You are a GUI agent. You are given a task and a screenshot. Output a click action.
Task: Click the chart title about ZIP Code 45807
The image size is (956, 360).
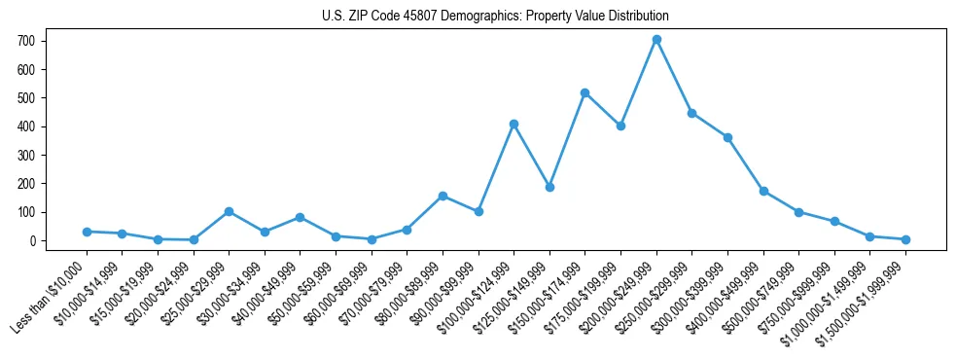pos(495,17)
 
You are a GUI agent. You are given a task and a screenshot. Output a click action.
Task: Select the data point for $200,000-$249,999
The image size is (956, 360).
pos(656,40)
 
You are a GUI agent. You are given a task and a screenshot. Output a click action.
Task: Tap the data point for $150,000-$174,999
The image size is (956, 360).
pos(584,92)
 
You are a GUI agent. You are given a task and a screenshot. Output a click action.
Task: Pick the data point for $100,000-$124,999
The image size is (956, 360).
pos(513,124)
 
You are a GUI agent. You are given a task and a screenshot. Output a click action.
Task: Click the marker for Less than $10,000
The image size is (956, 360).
pos(87,232)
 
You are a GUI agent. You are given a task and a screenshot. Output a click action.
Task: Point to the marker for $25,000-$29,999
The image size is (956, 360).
pos(229,211)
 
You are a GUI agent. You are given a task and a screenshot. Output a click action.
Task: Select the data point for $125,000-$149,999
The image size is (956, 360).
pos(549,187)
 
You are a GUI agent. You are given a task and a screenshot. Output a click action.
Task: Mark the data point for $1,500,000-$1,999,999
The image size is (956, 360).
pos(905,239)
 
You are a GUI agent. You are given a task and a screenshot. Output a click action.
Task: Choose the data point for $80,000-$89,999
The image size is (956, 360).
pos(443,196)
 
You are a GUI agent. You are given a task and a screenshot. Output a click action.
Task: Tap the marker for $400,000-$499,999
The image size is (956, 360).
pos(763,191)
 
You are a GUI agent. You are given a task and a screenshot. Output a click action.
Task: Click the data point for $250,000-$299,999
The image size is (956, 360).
pos(691,113)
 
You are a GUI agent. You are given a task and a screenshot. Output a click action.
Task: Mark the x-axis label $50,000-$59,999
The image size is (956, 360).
pos(301,293)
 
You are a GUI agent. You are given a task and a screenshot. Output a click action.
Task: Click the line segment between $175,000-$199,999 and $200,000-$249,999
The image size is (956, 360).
pos(639,83)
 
